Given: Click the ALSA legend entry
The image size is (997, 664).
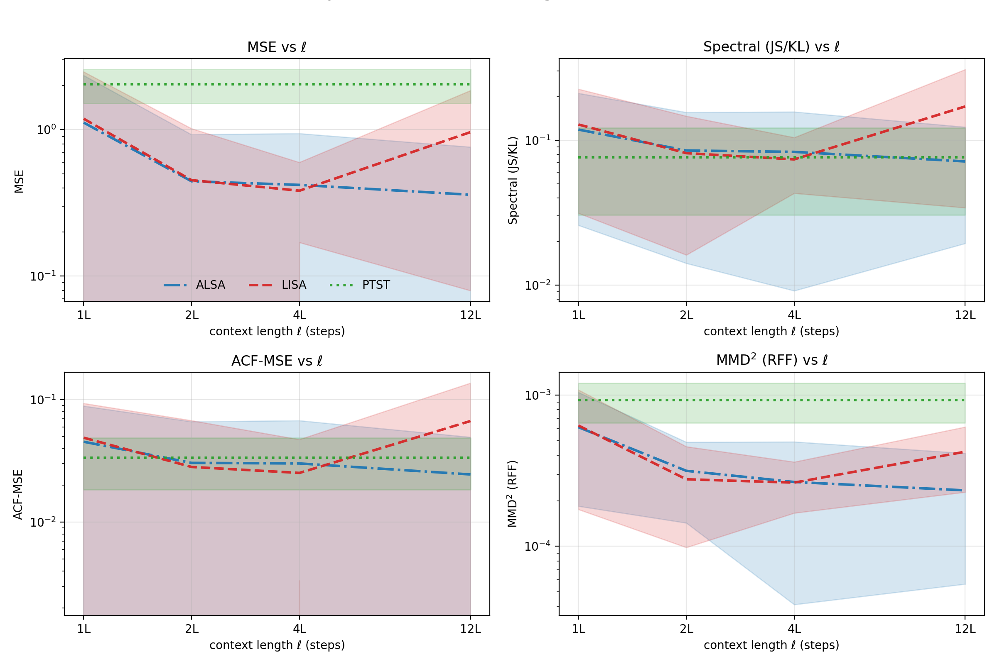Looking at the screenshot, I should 210,285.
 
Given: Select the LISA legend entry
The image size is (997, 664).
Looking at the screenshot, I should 293,285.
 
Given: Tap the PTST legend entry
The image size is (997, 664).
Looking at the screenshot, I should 376,285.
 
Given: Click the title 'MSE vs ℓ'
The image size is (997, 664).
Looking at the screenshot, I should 277,47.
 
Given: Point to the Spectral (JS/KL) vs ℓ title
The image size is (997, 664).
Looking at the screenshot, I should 771,47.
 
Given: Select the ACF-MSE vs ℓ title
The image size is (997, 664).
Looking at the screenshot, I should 277,361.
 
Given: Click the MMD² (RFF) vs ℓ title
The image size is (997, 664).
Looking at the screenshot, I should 771,360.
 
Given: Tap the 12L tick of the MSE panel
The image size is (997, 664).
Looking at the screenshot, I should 471,315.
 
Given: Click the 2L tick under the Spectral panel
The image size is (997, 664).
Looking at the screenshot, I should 686,315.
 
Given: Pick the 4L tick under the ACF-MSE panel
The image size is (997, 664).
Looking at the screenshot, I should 299,629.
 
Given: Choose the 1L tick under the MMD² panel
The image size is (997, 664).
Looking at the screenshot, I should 578,629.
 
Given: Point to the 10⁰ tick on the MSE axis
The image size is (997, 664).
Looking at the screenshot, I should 46,129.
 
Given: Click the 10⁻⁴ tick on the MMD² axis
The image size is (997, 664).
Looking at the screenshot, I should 538,546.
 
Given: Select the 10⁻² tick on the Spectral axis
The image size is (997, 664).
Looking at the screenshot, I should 538,285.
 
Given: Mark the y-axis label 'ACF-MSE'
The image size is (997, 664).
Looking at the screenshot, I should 18,495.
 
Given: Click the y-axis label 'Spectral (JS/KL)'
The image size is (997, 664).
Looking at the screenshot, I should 513,181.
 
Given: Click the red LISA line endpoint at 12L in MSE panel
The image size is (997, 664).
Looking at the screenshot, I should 471,132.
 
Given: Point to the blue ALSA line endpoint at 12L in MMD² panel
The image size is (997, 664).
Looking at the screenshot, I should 965,491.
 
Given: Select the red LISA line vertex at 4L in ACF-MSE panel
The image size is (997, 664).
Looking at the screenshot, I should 299,473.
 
